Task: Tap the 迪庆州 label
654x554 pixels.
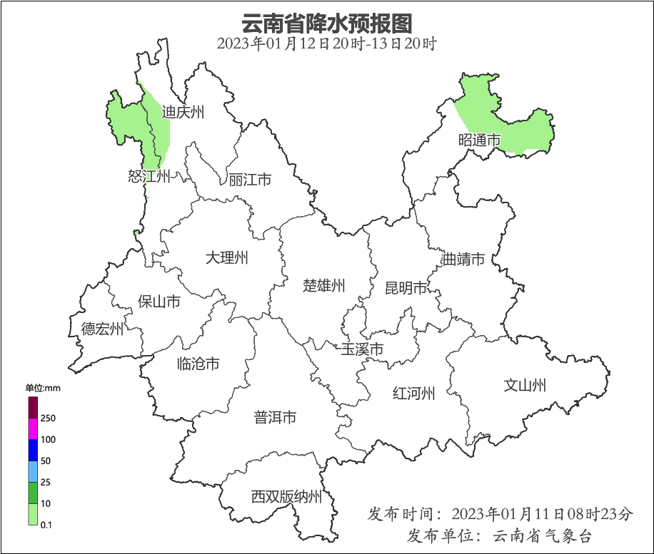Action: point(183,112)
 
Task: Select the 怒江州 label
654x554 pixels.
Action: point(149,176)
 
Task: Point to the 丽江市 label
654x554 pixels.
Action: point(250,180)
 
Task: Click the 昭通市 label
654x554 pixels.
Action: point(480,140)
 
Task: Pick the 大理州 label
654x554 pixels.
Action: point(226,257)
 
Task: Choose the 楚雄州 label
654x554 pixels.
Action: point(324,286)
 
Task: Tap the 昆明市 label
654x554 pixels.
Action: point(406,288)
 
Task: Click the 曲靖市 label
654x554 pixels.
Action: point(463,259)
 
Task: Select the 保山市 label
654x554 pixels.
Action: point(159,302)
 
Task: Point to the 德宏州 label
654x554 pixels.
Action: point(102,329)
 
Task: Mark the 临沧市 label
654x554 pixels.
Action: point(198,364)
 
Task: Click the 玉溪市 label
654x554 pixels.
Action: point(362,349)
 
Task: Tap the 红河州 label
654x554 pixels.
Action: point(414,393)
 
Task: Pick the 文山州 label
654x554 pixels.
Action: point(525,386)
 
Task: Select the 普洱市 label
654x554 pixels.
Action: point(275,418)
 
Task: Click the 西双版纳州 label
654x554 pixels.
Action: point(286,497)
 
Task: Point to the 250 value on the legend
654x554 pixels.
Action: point(49,418)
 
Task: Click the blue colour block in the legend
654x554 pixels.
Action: point(33,450)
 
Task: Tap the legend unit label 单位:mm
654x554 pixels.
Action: point(43,388)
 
